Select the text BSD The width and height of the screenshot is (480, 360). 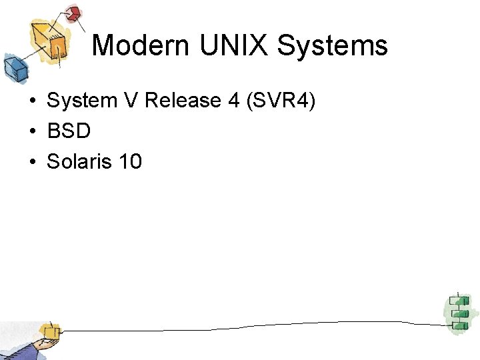pos(69,131)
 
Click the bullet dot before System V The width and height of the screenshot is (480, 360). pos(31,101)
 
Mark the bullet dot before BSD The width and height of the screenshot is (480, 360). pos(31,132)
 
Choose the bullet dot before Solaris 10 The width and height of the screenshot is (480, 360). pos(31,162)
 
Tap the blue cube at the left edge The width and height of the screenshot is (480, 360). pos(13,67)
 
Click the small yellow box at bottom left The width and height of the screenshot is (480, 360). pos(49,331)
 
